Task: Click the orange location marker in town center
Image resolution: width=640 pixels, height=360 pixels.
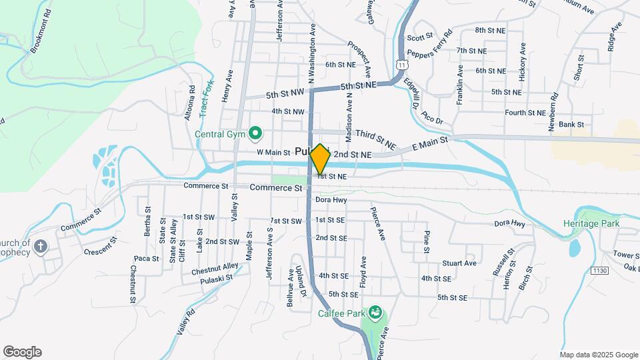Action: (320, 159)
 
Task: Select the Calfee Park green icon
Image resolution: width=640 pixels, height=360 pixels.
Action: (375, 311)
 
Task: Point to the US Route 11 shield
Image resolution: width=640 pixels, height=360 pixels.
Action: (401, 65)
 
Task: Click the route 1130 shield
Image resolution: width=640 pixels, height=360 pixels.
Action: (599, 270)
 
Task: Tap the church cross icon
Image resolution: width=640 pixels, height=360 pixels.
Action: (41, 247)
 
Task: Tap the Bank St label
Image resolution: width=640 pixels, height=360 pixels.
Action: (571, 124)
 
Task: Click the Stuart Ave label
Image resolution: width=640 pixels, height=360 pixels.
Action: (459, 263)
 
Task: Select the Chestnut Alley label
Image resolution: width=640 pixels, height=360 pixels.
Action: (214, 269)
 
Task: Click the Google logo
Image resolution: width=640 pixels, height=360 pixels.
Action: (22, 352)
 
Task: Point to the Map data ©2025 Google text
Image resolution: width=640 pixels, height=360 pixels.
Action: (598, 355)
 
